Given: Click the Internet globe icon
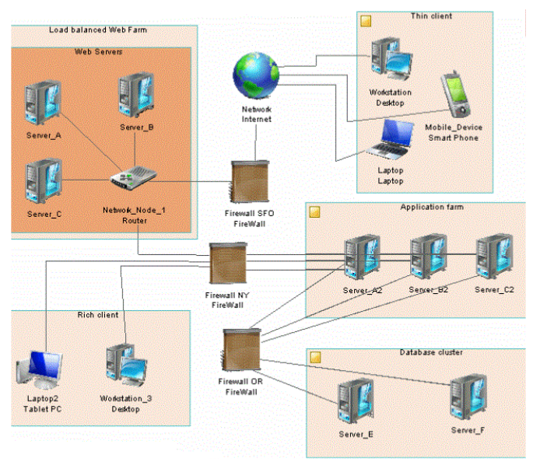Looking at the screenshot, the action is tap(256, 75).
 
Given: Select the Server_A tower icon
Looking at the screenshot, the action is tap(43, 103).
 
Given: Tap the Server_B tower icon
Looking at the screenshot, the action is tap(136, 95).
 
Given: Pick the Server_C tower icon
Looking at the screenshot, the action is tap(44, 181).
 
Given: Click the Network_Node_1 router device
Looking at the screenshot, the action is tap(134, 177).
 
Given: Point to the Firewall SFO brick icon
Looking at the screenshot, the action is tap(251, 181).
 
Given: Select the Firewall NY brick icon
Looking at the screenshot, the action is tap(228, 264).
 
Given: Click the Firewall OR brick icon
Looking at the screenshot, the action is tap(242, 350).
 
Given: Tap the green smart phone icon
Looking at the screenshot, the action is tap(455, 94).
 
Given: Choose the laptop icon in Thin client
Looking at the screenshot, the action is tap(391, 140).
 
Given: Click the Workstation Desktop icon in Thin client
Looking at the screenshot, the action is tap(391, 59).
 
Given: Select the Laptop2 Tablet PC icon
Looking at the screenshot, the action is tap(40, 370).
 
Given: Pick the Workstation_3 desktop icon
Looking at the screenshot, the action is tap(126, 365).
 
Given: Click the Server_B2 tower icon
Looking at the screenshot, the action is tap(428, 257).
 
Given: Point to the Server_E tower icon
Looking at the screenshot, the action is tap(356, 400).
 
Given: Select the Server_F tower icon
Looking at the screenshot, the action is tap(468, 397).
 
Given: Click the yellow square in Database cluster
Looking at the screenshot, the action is tap(315, 358).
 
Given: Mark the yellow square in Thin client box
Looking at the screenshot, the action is tap(366, 21).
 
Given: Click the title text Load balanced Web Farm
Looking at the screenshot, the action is tap(98, 30).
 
